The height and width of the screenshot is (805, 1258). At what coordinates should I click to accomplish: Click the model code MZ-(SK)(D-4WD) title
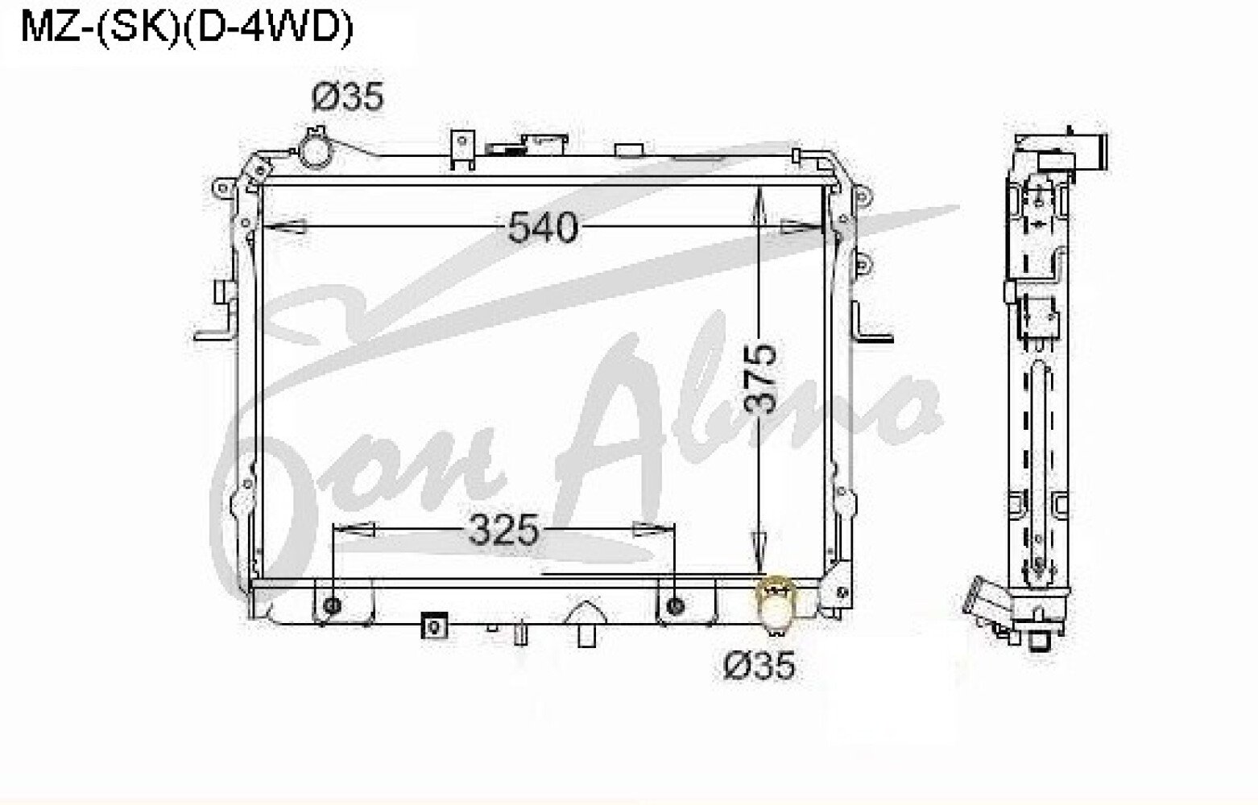[187, 29]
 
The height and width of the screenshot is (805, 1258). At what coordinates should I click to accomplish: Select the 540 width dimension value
[543, 228]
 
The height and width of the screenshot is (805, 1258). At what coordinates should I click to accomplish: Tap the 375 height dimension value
[762, 379]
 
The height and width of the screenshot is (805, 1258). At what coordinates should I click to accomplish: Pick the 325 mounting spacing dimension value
[503, 530]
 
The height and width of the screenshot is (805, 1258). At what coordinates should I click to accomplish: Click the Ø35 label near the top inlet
[348, 97]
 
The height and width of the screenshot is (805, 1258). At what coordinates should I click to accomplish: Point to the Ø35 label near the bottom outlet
[759, 666]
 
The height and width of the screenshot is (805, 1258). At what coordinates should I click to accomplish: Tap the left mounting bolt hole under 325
[333, 606]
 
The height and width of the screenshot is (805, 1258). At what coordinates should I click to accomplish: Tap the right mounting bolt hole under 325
[675, 606]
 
